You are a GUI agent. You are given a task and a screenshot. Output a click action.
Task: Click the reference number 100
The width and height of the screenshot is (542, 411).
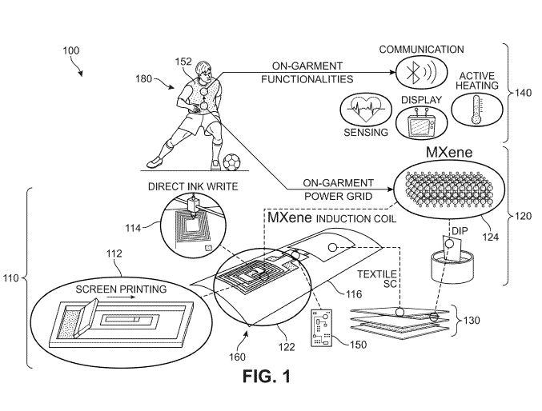pyautogui.click(x=70, y=50)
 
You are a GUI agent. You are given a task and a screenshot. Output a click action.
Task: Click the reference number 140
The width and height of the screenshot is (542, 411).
pyautogui.click(x=522, y=93)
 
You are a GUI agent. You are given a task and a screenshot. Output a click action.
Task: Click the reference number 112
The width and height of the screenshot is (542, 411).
pyautogui.click(x=114, y=253)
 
